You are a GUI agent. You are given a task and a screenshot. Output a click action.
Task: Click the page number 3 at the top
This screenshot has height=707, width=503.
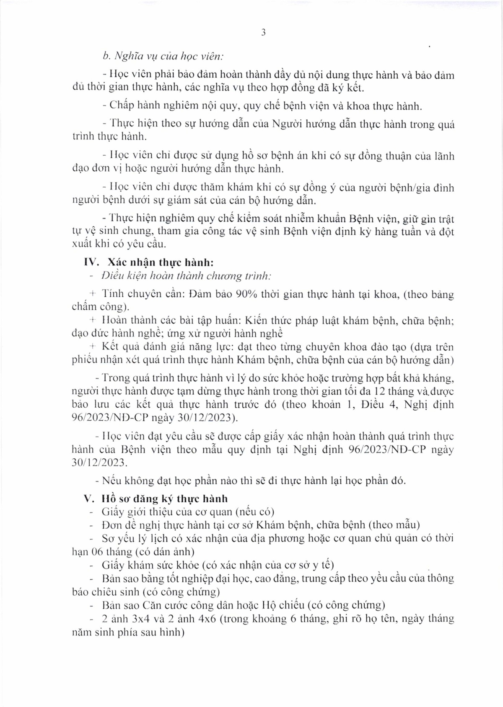263,33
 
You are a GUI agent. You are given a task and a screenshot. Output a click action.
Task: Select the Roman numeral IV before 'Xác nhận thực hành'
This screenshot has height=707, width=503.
91,262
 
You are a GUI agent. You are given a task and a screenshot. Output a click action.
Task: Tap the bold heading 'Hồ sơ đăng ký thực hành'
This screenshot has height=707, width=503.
164,499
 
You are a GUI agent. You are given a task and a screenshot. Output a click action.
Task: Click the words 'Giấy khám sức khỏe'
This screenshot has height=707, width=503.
150,565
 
